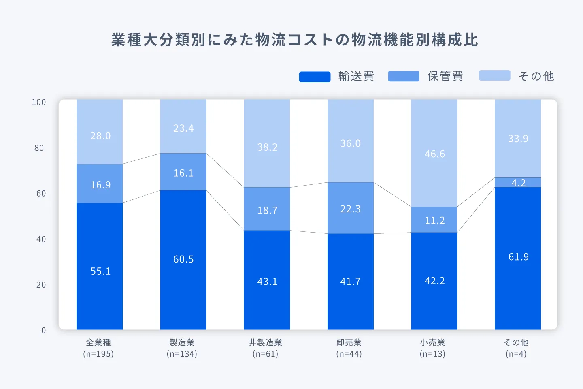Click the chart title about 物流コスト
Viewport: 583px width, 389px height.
[x=294, y=40]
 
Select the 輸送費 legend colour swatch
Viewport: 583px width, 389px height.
[x=315, y=77]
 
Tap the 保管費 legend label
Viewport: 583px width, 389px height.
[x=445, y=76]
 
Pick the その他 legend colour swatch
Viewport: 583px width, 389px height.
[x=494, y=76]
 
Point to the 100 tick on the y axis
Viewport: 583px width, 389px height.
[x=39, y=102]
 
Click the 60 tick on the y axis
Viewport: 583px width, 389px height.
[x=41, y=194]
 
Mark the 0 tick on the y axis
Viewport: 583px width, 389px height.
[x=43, y=331]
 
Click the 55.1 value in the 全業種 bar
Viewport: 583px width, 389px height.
[x=100, y=271]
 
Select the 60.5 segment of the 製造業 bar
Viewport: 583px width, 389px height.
[x=183, y=259]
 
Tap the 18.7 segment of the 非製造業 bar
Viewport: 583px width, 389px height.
[x=267, y=210]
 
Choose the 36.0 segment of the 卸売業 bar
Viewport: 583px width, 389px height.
[x=350, y=143]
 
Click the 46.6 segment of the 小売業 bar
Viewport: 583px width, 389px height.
[x=434, y=154]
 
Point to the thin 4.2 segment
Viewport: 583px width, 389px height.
[x=518, y=182]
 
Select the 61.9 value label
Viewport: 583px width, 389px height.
[x=518, y=257]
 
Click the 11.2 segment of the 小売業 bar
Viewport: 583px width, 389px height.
[x=434, y=220]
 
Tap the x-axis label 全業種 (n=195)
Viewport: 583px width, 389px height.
[x=98, y=348]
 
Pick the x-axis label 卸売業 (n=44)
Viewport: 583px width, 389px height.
[x=349, y=348]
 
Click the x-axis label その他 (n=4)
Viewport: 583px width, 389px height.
[x=516, y=348]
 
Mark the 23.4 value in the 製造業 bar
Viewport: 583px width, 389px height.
[x=183, y=128]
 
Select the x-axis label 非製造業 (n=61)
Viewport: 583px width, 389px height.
[x=266, y=348]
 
